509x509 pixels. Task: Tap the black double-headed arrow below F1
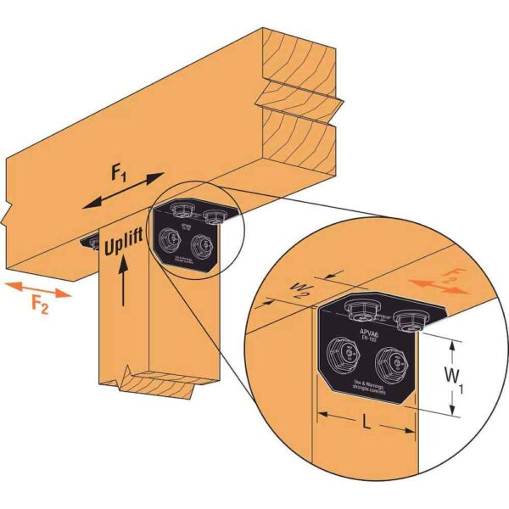tap(126, 191)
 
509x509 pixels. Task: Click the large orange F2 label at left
tap(35, 303)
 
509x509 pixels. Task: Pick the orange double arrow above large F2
tap(35, 284)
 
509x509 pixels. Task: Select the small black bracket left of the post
tap(91, 242)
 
